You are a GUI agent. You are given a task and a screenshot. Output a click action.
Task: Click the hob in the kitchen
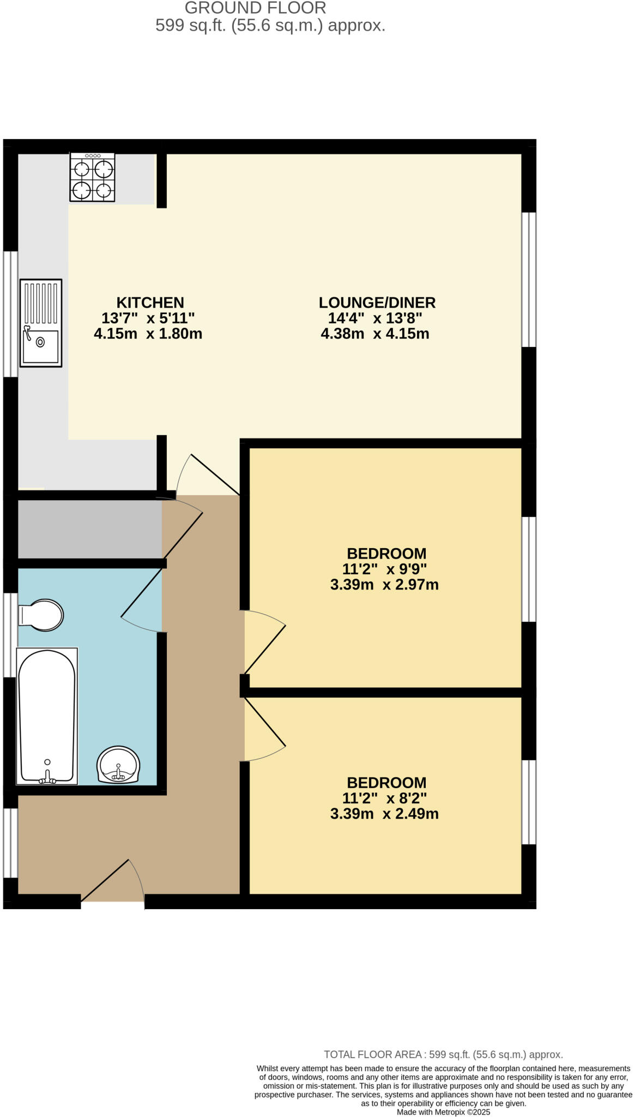(x=92, y=177)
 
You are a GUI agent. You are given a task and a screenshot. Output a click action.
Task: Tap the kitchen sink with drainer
(x=41, y=322)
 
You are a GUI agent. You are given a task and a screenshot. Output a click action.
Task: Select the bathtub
(x=47, y=716)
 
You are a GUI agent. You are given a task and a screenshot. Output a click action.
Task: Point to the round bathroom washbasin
(x=118, y=765)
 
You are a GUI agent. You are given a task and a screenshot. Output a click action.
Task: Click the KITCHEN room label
(x=150, y=302)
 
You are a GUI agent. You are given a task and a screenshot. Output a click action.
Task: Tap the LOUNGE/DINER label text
(x=377, y=302)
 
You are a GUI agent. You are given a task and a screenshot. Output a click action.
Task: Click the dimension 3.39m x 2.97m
(x=384, y=585)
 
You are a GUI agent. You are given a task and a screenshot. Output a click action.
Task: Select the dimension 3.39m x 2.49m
(x=384, y=814)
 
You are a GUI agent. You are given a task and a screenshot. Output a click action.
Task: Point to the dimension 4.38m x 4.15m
(x=375, y=333)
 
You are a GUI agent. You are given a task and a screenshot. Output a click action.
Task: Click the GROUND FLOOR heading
(x=255, y=8)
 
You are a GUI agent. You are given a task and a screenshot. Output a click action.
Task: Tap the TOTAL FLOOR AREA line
(x=443, y=1054)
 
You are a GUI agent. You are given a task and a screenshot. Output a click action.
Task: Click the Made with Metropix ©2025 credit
(x=443, y=1112)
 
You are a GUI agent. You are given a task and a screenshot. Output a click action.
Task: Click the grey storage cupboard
(x=90, y=529)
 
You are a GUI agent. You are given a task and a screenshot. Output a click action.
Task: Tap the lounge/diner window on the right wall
(x=529, y=279)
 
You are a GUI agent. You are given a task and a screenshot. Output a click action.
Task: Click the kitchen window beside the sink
(x=10, y=314)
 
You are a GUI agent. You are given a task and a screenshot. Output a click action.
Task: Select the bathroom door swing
(x=142, y=597)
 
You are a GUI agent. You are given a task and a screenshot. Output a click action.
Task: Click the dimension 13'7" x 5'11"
(x=148, y=318)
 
